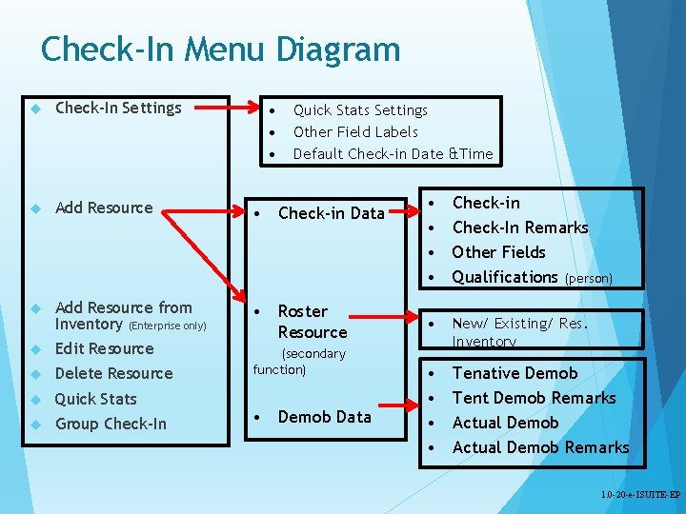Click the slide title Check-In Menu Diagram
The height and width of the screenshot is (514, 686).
pyautogui.click(x=220, y=49)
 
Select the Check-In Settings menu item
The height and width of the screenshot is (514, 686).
pyautogui.click(x=118, y=108)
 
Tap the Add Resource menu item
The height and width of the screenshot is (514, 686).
pyautogui.click(x=104, y=208)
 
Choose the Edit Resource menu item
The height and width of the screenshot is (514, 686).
pyautogui.click(x=104, y=348)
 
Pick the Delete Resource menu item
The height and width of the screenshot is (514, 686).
pyautogui.click(x=113, y=373)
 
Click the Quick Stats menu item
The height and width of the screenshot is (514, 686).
pyautogui.click(x=95, y=399)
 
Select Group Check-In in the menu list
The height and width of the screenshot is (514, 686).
pyautogui.click(x=111, y=424)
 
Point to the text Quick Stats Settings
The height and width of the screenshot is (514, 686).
pyautogui.click(x=360, y=110)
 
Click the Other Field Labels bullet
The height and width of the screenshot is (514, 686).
pyautogui.click(x=355, y=132)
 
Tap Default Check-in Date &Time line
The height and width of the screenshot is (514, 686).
pyautogui.click(x=393, y=154)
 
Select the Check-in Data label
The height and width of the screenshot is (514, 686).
pyautogui.click(x=331, y=213)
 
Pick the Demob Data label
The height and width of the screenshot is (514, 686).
pyautogui.click(x=324, y=417)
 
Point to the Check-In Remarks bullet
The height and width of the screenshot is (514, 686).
pyautogui.click(x=520, y=227)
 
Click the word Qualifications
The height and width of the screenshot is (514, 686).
pyautogui.click(x=505, y=277)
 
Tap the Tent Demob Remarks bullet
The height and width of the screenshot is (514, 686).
pyautogui.click(x=534, y=398)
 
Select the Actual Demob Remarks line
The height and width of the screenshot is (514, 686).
pyautogui.click(x=540, y=447)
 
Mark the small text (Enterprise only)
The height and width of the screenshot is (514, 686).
pyautogui.click(x=168, y=326)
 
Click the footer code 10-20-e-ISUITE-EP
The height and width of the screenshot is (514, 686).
pyautogui.click(x=640, y=496)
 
